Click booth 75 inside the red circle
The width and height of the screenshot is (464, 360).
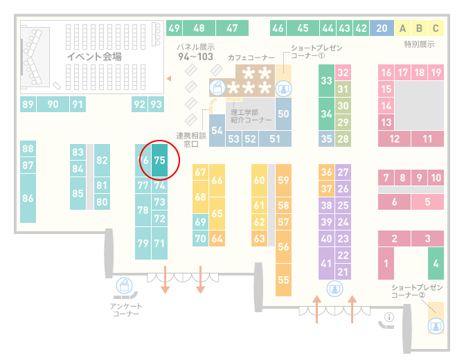pos(159,160)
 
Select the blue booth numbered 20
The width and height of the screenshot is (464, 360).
pos(382,28)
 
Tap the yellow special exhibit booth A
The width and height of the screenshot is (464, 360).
pos(402,28)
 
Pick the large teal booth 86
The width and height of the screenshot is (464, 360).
pos(28,198)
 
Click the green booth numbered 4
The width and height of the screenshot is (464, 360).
pos(436,263)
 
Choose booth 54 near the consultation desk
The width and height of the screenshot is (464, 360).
pos(217,130)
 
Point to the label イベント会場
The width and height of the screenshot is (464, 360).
pos(94,56)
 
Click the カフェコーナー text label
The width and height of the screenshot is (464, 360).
pos(251,57)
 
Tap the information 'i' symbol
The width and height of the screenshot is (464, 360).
pos(389,317)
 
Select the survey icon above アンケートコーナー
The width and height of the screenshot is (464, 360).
pos(124,286)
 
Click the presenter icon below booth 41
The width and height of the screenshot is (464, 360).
pos(334,289)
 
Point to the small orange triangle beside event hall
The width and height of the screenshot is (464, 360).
pos(169,78)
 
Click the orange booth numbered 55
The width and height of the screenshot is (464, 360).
pos(283,280)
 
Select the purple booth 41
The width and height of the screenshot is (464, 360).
pos(326,263)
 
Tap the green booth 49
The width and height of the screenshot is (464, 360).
pos(174,28)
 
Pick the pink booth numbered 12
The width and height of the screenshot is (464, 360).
pos(394,138)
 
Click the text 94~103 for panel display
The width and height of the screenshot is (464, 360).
pos(195,57)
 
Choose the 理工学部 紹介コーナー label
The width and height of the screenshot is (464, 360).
pos(251,116)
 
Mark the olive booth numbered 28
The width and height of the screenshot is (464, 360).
pos(343,138)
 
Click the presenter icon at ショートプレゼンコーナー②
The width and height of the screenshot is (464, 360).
pos(436,326)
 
